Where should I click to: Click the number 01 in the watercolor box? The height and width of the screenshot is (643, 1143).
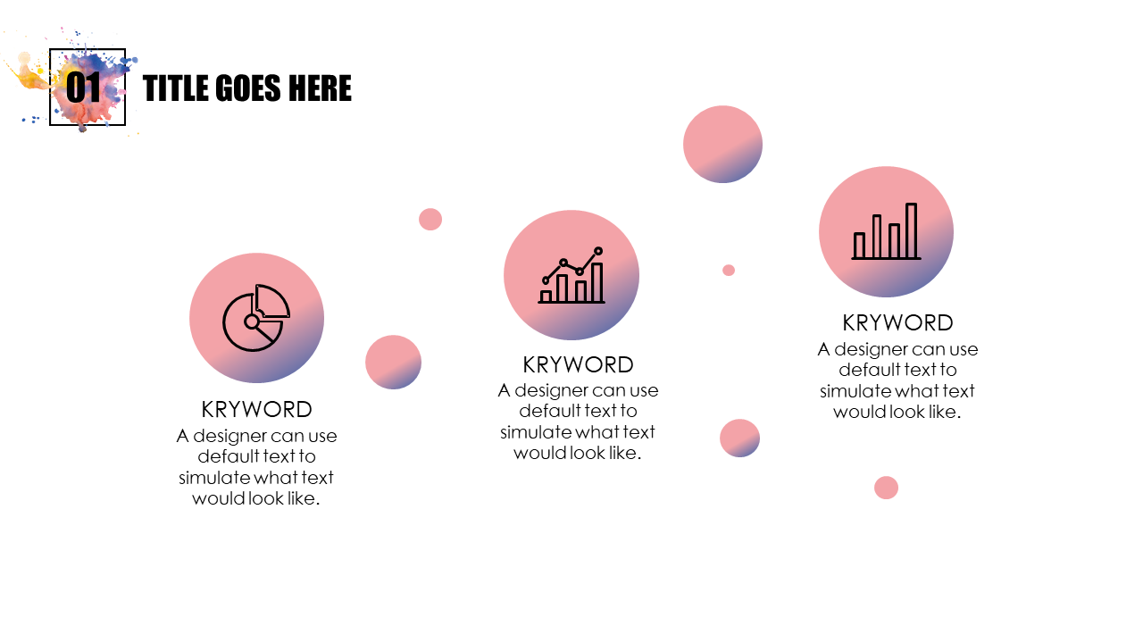coord(84,88)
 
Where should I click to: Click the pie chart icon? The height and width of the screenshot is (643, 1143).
coord(256,317)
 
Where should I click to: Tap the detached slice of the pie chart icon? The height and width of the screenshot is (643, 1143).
coord(272,301)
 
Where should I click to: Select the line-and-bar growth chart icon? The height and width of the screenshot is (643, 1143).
coord(571,276)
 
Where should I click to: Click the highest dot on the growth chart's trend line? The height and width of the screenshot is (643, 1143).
coord(598,251)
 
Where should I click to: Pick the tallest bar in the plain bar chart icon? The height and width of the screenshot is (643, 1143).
coord(912,230)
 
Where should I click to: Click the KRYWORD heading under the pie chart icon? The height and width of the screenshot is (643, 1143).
coord(256,409)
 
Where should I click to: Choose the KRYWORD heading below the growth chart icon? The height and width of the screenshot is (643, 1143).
coord(578,365)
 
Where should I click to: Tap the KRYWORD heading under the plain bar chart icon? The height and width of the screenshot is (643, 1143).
coord(897,323)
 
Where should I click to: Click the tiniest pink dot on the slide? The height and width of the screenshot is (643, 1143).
coord(729,270)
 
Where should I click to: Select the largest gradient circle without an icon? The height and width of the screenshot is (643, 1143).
coord(722,144)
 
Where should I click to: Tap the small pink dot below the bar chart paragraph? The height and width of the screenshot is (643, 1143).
coord(886,488)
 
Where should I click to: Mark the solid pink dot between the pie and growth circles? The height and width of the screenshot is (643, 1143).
coord(430,220)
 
